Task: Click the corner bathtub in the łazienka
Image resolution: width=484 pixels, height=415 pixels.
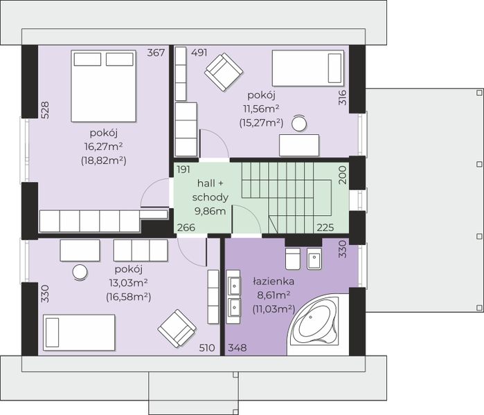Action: click(x=316, y=324)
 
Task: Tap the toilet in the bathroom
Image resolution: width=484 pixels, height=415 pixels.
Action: click(x=293, y=258)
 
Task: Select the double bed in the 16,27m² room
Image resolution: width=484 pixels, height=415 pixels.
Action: click(x=103, y=86)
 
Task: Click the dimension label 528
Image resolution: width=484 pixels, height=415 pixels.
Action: click(x=45, y=110)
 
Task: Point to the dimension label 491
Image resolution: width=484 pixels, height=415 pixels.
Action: click(x=199, y=53)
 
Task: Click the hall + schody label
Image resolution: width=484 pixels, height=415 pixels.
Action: click(x=210, y=190)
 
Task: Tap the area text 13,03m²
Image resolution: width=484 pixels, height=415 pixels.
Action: click(x=128, y=282)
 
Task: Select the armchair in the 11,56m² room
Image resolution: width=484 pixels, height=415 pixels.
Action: click(x=224, y=72)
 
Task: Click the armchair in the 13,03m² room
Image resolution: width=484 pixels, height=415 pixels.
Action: click(x=177, y=329)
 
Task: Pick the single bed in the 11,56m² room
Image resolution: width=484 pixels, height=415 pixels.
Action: click(x=308, y=68)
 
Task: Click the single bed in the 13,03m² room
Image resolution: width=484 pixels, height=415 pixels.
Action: click(x=79, y=333)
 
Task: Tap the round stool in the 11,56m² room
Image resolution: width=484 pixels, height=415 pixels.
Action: click(x=299, y=123)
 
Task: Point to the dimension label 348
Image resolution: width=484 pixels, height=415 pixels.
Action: click(x=237, y=348)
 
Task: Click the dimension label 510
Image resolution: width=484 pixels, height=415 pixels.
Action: click(x=207, y=348)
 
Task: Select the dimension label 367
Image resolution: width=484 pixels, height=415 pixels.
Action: click(x=156, y=53)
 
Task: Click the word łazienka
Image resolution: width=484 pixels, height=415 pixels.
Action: click(x=274, y=282)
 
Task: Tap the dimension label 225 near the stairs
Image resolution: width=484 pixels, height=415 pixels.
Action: click(x=325, y=228)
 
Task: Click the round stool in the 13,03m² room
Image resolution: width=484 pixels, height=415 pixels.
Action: click(x=80, y=273)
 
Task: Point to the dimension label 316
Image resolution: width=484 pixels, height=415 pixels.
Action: click(x=343, y=98)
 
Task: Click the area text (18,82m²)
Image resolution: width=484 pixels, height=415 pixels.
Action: click(x=104, y=160)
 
